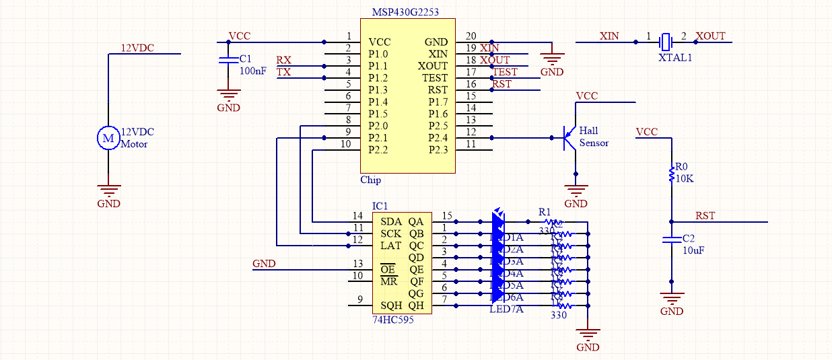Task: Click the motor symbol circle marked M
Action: (x=108, y=138)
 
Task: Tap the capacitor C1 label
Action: (x=245, y=59)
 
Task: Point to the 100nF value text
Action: (x=252, y=71)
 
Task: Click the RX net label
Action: (x=284, y=60)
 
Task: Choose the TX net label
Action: (x=284, y=72)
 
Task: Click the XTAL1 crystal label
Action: (x=675, y=59)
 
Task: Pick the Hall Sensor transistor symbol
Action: (x=569, y=138)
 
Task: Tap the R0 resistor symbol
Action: (x=670, y=174)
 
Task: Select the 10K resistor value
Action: (x=685, y=179)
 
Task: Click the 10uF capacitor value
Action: (x=693, y=250)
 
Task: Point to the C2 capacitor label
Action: (x=689, y=238)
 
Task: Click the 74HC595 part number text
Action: (x=393, y=320)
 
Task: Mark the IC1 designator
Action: (x=380, y=205)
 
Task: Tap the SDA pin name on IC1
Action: (x=391, y=221)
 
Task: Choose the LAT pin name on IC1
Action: (x=391, y=246)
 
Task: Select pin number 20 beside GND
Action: (x=471, y=36)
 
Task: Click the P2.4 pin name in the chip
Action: (x=438, y=138)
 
